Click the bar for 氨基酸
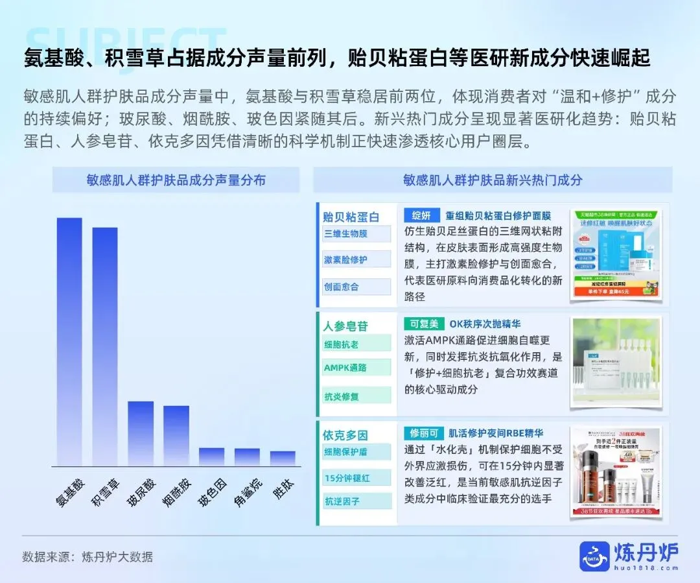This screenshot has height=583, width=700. [x=69, y=342]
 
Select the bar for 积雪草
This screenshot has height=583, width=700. [x=105, y=346]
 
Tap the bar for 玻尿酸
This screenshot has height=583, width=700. [x=141, y=433]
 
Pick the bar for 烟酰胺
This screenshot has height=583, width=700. [x=176, y=435]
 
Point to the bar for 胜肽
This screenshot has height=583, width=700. [x=283, y=458]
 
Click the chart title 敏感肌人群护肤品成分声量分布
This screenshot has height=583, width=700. [x=176, y=180]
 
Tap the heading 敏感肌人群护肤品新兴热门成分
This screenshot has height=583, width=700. [x=493, y=180]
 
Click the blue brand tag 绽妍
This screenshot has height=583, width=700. [x=421, y=215]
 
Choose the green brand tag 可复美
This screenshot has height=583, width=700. [x=424, y=324]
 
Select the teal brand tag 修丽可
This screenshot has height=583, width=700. [x=424, y=433]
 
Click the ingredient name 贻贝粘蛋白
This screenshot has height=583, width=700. [x=351, y=217]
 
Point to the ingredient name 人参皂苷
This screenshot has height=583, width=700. [x=345, y=326]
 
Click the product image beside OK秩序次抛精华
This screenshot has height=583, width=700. [x=616, y=362]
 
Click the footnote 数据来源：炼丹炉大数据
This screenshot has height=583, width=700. [x=87, y=557]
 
